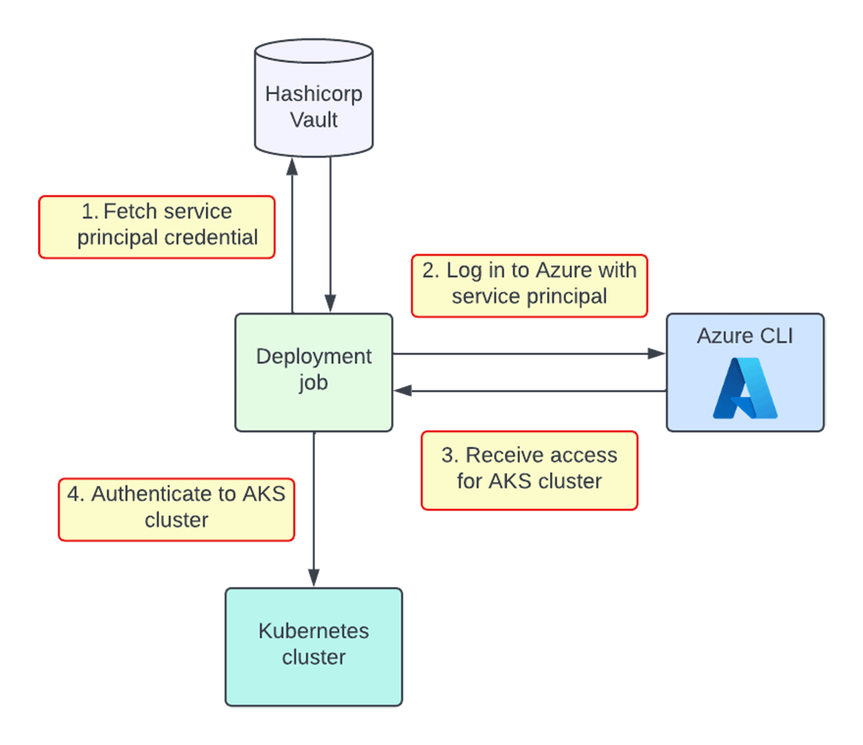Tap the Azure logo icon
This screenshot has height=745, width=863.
pos(745,388)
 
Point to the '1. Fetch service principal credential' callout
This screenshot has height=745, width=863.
pos(157,227)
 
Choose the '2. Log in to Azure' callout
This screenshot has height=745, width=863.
pos(529,285)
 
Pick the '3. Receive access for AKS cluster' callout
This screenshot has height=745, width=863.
pos(529,470)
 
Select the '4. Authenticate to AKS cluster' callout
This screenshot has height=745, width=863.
pos(176,507)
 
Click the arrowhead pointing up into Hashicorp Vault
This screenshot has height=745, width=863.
pos(292,168)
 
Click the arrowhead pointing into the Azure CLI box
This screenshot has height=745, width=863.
pos(656,353)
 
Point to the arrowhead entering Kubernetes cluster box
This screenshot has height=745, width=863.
pos(314,577)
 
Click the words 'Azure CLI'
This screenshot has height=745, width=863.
pos(745,336)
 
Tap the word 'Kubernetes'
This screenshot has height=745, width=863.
pos(314,631)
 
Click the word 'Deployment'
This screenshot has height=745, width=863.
pos(314,357)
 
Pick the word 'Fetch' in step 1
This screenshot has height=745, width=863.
pos(132,211)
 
